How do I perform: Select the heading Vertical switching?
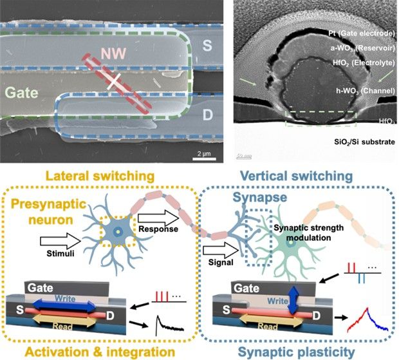299,176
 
